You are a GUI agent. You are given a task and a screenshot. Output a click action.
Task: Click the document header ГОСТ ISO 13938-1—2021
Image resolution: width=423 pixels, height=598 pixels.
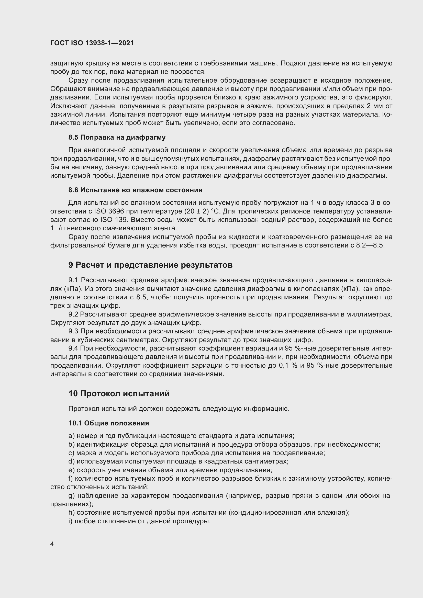(92, 43)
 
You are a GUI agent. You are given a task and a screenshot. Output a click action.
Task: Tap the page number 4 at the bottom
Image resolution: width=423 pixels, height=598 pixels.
(52, 544)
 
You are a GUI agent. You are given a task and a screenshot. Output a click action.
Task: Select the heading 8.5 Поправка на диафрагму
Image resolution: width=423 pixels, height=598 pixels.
(117, 138)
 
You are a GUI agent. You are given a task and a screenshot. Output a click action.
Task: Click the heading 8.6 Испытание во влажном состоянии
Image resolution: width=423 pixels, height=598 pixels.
(135, 190)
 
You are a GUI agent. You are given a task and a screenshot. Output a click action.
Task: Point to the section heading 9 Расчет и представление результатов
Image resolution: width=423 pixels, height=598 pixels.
(150, 265)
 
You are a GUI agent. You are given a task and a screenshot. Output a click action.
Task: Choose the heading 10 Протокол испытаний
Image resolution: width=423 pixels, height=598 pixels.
(119, 393)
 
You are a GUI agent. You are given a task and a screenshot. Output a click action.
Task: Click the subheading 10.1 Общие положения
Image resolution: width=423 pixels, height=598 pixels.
(109, 423)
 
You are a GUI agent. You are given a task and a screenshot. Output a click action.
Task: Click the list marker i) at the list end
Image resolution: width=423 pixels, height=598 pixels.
(70, 521)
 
